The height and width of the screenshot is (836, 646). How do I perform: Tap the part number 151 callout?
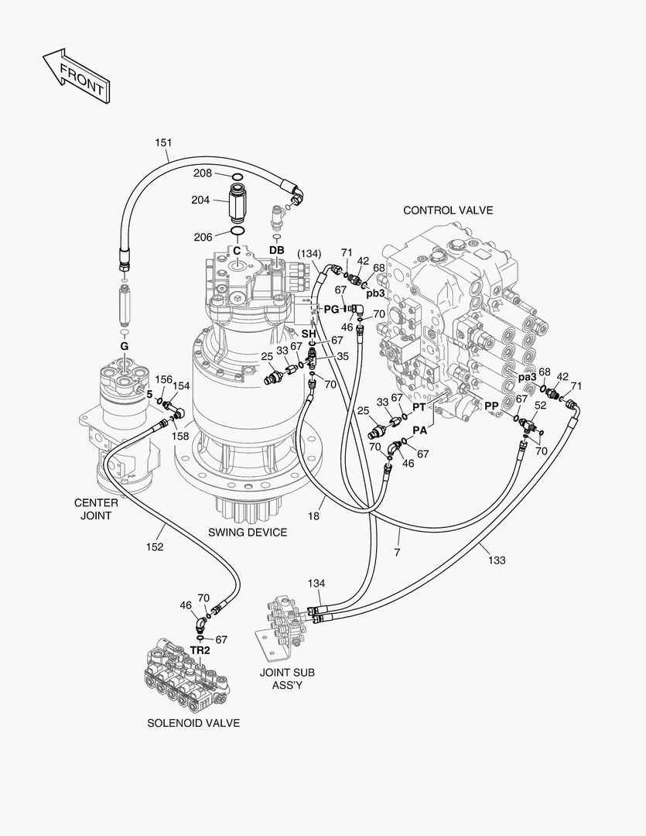[x=163, y=142]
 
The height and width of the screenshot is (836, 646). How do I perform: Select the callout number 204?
[x=200, y=200]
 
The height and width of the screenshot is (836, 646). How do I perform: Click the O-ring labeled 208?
[x=238, y=176]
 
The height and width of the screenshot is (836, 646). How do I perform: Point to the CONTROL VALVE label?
[x=447, y=210]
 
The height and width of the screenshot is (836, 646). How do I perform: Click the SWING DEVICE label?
[x=248, y=533]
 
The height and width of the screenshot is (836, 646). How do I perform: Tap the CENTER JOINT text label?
[x=96, y=509]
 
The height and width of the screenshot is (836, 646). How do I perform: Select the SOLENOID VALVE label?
[x=193, y=723]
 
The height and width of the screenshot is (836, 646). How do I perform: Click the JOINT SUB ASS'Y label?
[x=287, y=679]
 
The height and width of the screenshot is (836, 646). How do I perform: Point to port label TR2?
[x=200, y=651]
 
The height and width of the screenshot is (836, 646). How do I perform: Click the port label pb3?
[x=375, y=293]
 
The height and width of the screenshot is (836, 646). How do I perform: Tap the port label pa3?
[x=528, y=377]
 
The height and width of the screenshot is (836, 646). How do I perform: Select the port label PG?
[x=331, y=309]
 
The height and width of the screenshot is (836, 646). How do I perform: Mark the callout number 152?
[x=155, y=547]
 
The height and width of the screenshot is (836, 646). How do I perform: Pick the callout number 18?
[x=314, y=515]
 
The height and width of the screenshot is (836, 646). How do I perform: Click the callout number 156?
[x=163, y=379]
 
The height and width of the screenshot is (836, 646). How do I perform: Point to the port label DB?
[x=276, y=250]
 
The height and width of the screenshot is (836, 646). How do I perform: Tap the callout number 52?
[x=541, y=405]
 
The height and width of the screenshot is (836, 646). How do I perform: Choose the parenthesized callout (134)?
[x=309, y=254]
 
